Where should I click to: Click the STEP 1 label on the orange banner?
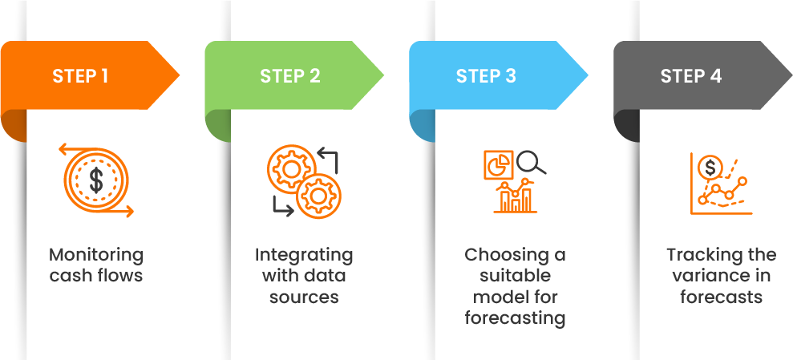coord(80,77)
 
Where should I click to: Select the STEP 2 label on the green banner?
coord(289,77)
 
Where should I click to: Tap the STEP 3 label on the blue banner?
coord(486,77)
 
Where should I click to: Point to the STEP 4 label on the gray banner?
coord(690,77)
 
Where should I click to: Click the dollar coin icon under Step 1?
coord(96,180)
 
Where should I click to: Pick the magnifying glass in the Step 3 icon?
coord(530,163)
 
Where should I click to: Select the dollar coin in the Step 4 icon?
coord(710,168)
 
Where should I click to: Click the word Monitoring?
coord(96,256)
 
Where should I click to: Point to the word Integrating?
coord(304,256)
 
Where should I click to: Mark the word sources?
coord(304,297)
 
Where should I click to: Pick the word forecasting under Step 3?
coord(515,318)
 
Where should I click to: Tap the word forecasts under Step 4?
coord(721,297)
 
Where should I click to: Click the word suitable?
coord(515,277)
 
